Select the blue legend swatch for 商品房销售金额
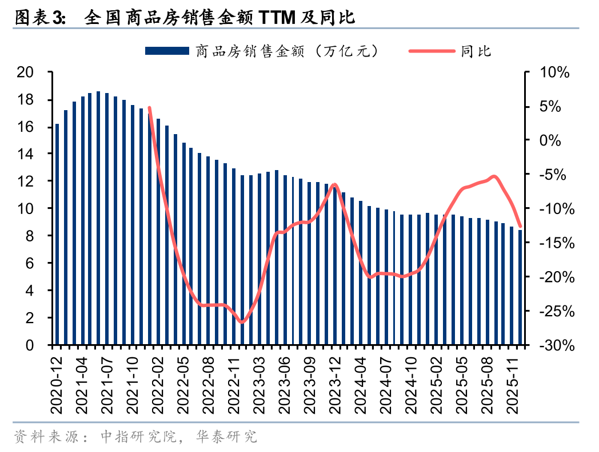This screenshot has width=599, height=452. pos(167,51)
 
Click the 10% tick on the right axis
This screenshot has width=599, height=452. pos(554,72)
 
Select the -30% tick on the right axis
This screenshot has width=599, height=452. pos(552,345)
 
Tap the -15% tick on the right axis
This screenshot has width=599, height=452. pos(552,243)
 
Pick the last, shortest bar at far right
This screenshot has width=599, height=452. pos(520,288)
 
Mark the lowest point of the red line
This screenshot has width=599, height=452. pos(242,322)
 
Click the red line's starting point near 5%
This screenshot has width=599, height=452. pos(150,108)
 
